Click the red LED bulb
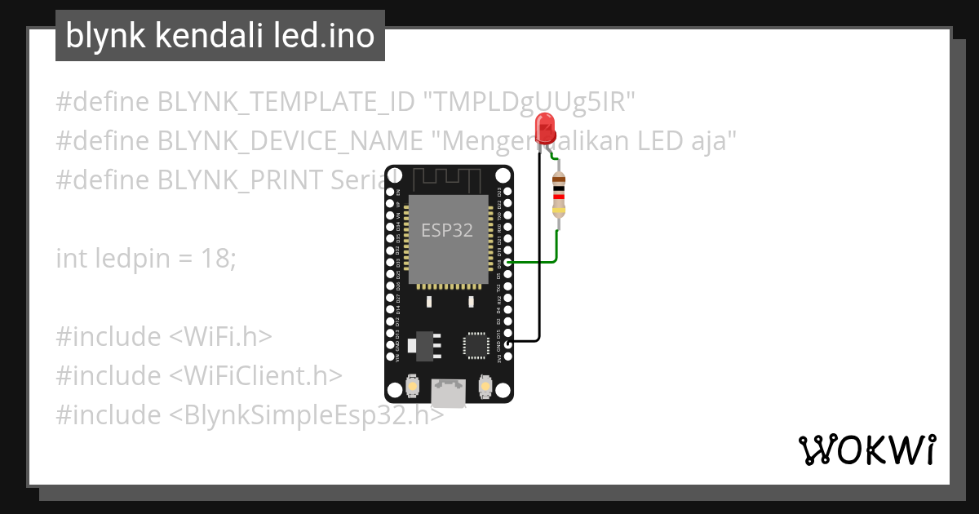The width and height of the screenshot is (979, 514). [x=544, y=128]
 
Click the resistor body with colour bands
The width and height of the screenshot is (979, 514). [x=558, y=196]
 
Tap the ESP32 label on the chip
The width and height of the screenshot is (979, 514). [x=446, y=231]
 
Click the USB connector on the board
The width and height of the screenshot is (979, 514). [x=449, y=392]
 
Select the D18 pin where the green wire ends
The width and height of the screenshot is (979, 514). [x=507, y=262]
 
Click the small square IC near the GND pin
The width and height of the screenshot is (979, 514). [x=474, y=344]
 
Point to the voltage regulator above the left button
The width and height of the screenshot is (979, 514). [x=422, y=344]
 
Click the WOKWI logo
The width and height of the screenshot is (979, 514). [x=866, y=450]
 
